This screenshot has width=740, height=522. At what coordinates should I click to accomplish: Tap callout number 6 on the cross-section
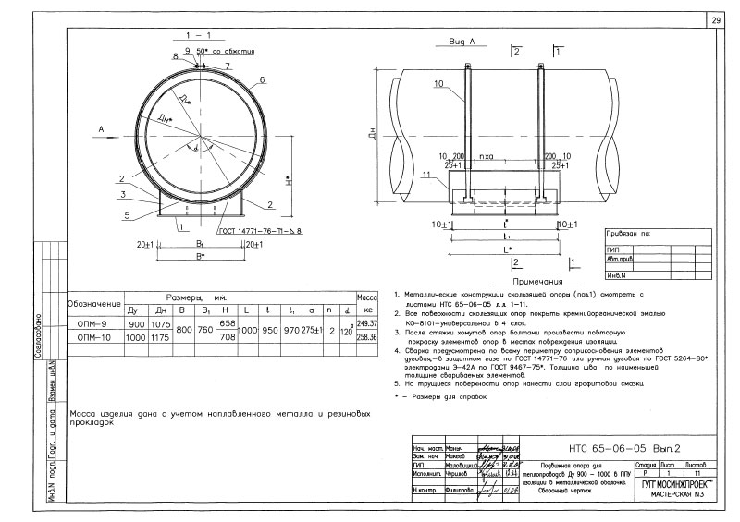tap(263, 80)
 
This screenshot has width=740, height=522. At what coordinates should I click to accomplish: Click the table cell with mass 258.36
tap(367, 339)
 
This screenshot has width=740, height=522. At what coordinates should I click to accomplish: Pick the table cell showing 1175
tap(162, 339)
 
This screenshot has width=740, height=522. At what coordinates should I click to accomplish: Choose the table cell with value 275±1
tap(310, 332)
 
